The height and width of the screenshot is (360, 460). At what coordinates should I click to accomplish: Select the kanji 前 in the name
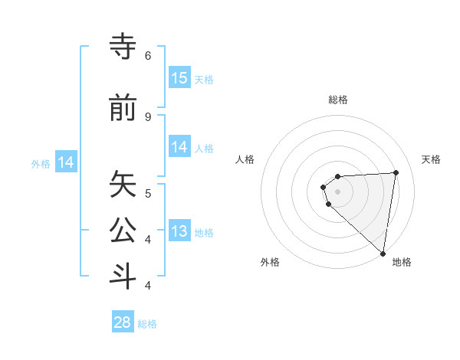[123, 109]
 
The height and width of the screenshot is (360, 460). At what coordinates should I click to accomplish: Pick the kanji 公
[123, 231]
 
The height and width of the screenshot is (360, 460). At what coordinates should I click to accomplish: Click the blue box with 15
[179, 78]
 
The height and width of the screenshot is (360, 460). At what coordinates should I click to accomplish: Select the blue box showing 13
[179, 232]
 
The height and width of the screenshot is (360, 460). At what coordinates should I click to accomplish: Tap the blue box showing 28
[123, 322]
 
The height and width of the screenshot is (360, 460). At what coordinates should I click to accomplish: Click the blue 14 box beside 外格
[66, 162]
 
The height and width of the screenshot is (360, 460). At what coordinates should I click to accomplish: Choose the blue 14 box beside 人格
[179, 147]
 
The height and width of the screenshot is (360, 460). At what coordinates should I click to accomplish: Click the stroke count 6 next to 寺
[148, 56]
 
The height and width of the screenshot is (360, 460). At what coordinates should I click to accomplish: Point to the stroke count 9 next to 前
[148, 116]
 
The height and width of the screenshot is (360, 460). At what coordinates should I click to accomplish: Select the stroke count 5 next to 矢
[148, 193]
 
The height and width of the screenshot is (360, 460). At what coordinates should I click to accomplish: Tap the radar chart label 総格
[338, 100]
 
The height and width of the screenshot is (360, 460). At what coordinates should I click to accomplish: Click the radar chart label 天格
[432, 159]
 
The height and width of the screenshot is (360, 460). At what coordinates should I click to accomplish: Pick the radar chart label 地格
[402, 262]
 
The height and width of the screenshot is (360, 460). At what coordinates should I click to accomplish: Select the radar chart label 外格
[270, 262]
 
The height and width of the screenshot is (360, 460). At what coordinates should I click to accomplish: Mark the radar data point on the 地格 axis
[383, 254]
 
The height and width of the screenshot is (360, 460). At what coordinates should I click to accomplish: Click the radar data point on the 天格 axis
[396, 172]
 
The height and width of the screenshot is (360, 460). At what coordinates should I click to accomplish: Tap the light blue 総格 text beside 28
[147, 324]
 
